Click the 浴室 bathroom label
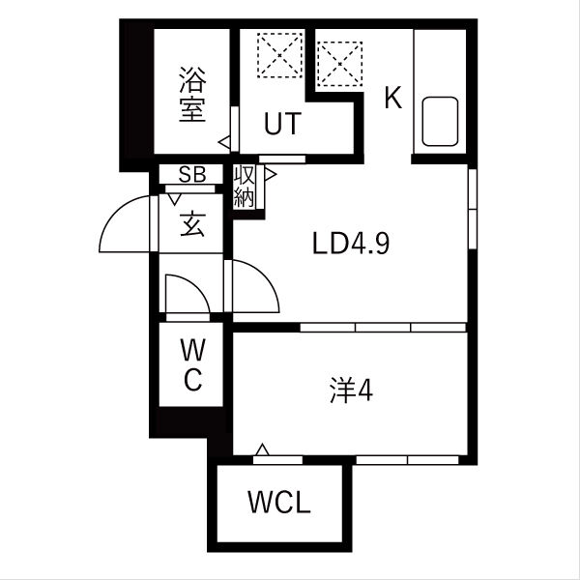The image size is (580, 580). [x=191, y=93]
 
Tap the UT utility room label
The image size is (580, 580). [x=282, y=124]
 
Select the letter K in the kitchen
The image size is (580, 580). [x=392, y=99]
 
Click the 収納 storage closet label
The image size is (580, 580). [x=244, y=187]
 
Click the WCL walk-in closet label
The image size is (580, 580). [x=278, y=504]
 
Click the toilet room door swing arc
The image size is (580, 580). [x=187, y=292]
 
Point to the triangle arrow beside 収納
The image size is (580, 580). [x=271, y=175]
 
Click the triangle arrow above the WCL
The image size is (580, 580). [x=262, y=449]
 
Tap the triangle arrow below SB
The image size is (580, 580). [x=175, y=201]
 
